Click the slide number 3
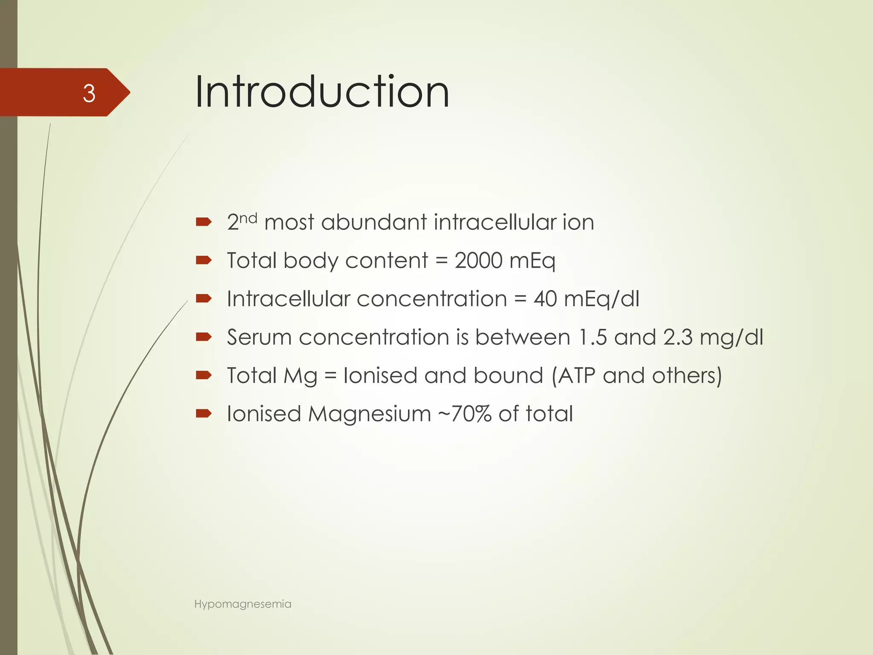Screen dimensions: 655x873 click(89, 93)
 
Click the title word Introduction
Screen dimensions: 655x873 click(322, 92)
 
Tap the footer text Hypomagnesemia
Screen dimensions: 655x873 click(243, 604)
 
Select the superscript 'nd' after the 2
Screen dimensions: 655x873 click(248, 218)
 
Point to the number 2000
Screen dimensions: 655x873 click(478, 261)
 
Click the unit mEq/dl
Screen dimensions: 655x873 click(601, 299)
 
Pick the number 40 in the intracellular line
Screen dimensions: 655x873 click(545, 299)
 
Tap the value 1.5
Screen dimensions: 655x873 click(593, 337)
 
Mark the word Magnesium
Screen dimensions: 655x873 click(370, 414)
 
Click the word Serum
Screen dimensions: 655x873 click(259, 337)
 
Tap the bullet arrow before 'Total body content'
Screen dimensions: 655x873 click(204, 260)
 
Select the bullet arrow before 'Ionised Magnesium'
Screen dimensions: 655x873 click(204, 413)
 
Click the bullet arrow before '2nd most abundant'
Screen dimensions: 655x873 click(204, 222)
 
